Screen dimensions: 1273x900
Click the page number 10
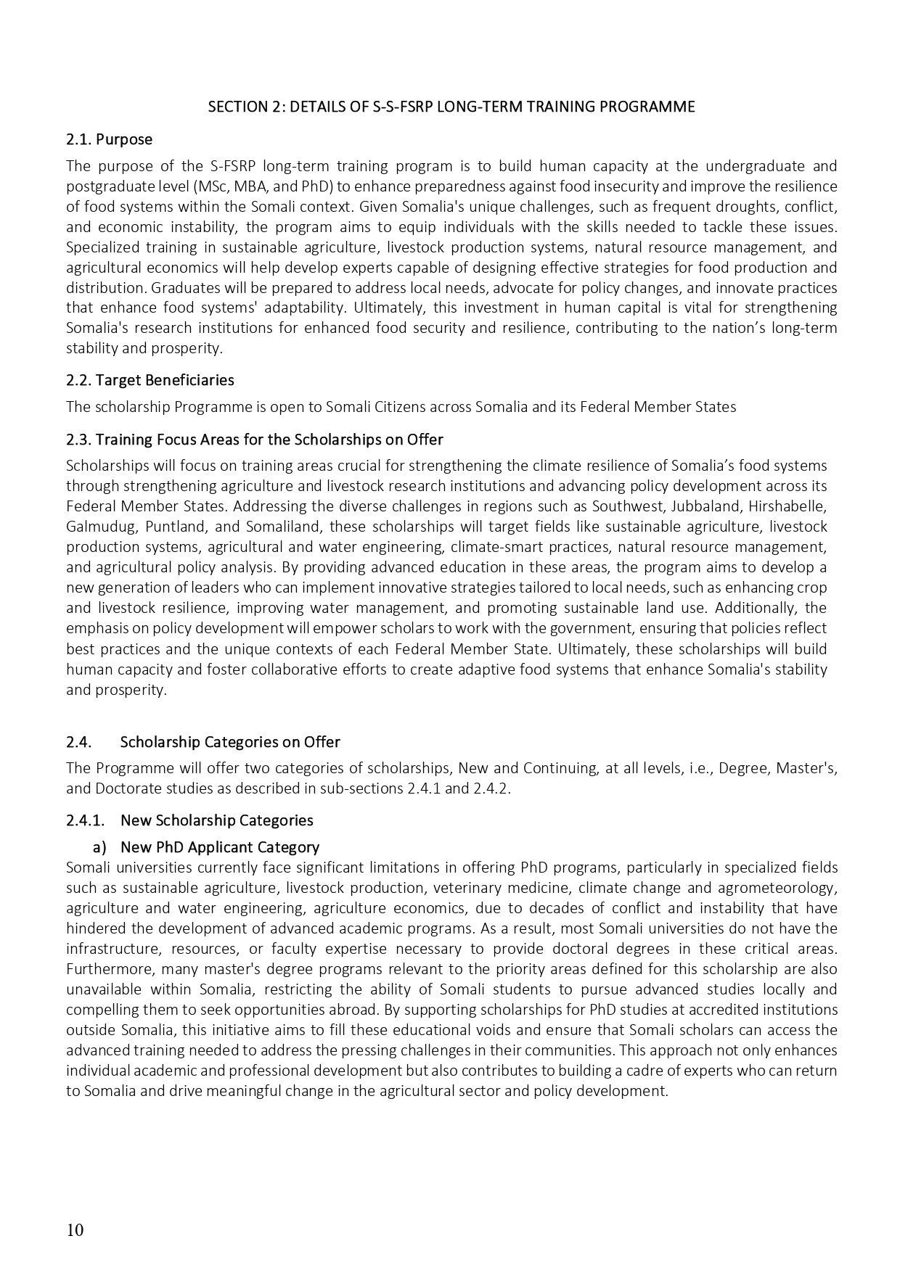point(75,1230)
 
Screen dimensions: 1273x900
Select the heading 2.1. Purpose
point(109,139)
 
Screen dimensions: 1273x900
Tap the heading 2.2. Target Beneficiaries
point(150,380)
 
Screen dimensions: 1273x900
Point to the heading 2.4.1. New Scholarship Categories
point(189,820)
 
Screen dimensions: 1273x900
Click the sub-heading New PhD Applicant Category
point(220,847)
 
